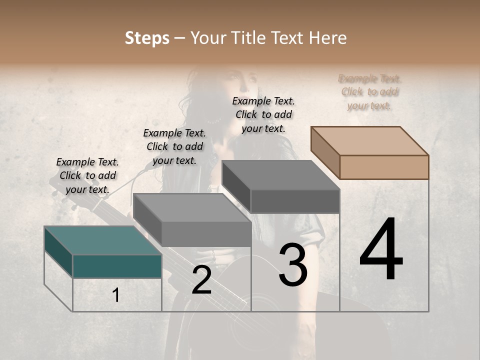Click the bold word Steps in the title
(147, 38)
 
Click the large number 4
(381, 249)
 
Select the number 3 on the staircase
(293, 264)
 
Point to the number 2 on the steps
(201, 280)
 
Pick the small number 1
(115, 295)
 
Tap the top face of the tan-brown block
(369, 140)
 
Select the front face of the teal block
(117, 266)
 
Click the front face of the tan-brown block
(384, 167)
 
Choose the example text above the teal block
(87, 175)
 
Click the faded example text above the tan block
(369, 92)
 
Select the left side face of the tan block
(325, 152)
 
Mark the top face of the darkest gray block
(280, 175)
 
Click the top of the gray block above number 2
(192, 207)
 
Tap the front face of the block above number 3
(295, 201)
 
